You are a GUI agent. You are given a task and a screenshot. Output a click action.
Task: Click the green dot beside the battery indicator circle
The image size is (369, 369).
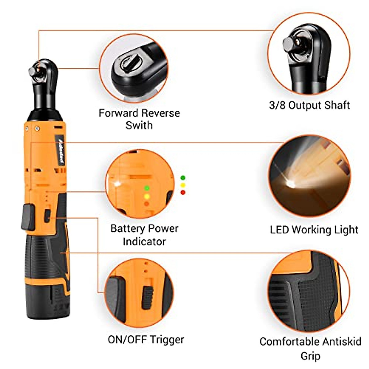pyautogui.click(x=183, y=178)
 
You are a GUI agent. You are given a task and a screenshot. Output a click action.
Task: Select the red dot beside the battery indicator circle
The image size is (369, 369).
pyautogui.click(x=183, y=192)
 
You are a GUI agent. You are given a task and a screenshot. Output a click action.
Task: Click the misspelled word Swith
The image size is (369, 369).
pyautogui.click(x=139, y=125)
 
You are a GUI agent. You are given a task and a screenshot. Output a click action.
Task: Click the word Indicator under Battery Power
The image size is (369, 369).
pyautogui.click(x=144, y=241)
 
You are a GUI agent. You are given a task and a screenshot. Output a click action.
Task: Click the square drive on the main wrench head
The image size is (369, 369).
pyautogui.click(x=32, y=71)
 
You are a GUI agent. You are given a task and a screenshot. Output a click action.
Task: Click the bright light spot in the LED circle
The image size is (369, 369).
pyautogui.click(x=290, y=184)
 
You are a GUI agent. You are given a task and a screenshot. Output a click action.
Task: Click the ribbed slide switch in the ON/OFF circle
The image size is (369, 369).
pyautogui.click(x=147, y=298)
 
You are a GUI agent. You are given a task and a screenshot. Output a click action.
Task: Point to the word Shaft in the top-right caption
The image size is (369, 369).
pyautogui.click(x=338, y=105)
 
